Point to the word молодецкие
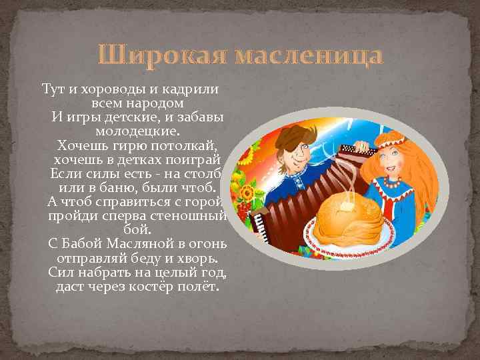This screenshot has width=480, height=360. [137, 131]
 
